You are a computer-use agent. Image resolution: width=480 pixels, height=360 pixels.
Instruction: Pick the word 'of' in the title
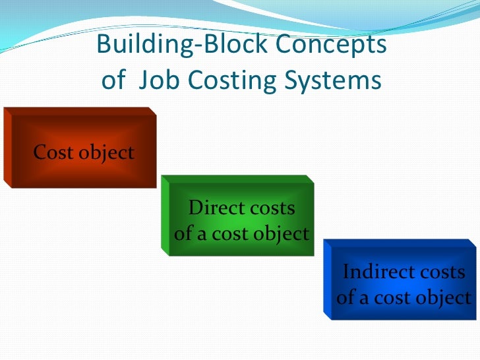113,81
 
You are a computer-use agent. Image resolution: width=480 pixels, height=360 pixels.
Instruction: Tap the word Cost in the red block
53,153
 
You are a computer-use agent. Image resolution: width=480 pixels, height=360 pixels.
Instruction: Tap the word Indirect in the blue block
373,272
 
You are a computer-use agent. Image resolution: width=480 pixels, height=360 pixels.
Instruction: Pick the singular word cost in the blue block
395,297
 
